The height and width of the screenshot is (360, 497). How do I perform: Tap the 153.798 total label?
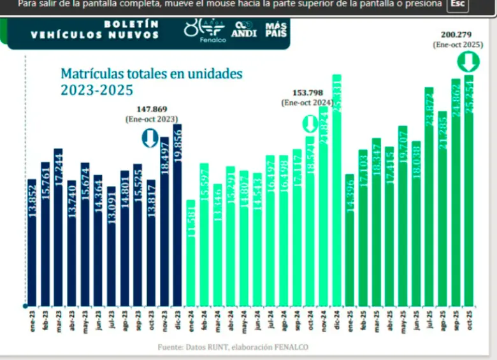(307, 92)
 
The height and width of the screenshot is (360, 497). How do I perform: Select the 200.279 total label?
(458, 34)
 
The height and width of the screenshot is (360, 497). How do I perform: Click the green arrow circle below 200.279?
(468, 62)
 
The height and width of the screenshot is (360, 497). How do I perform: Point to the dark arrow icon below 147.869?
(150, 138)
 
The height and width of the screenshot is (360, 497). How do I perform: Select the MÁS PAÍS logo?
(276, 29)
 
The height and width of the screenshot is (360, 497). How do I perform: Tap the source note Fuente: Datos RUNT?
(233, 347)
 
